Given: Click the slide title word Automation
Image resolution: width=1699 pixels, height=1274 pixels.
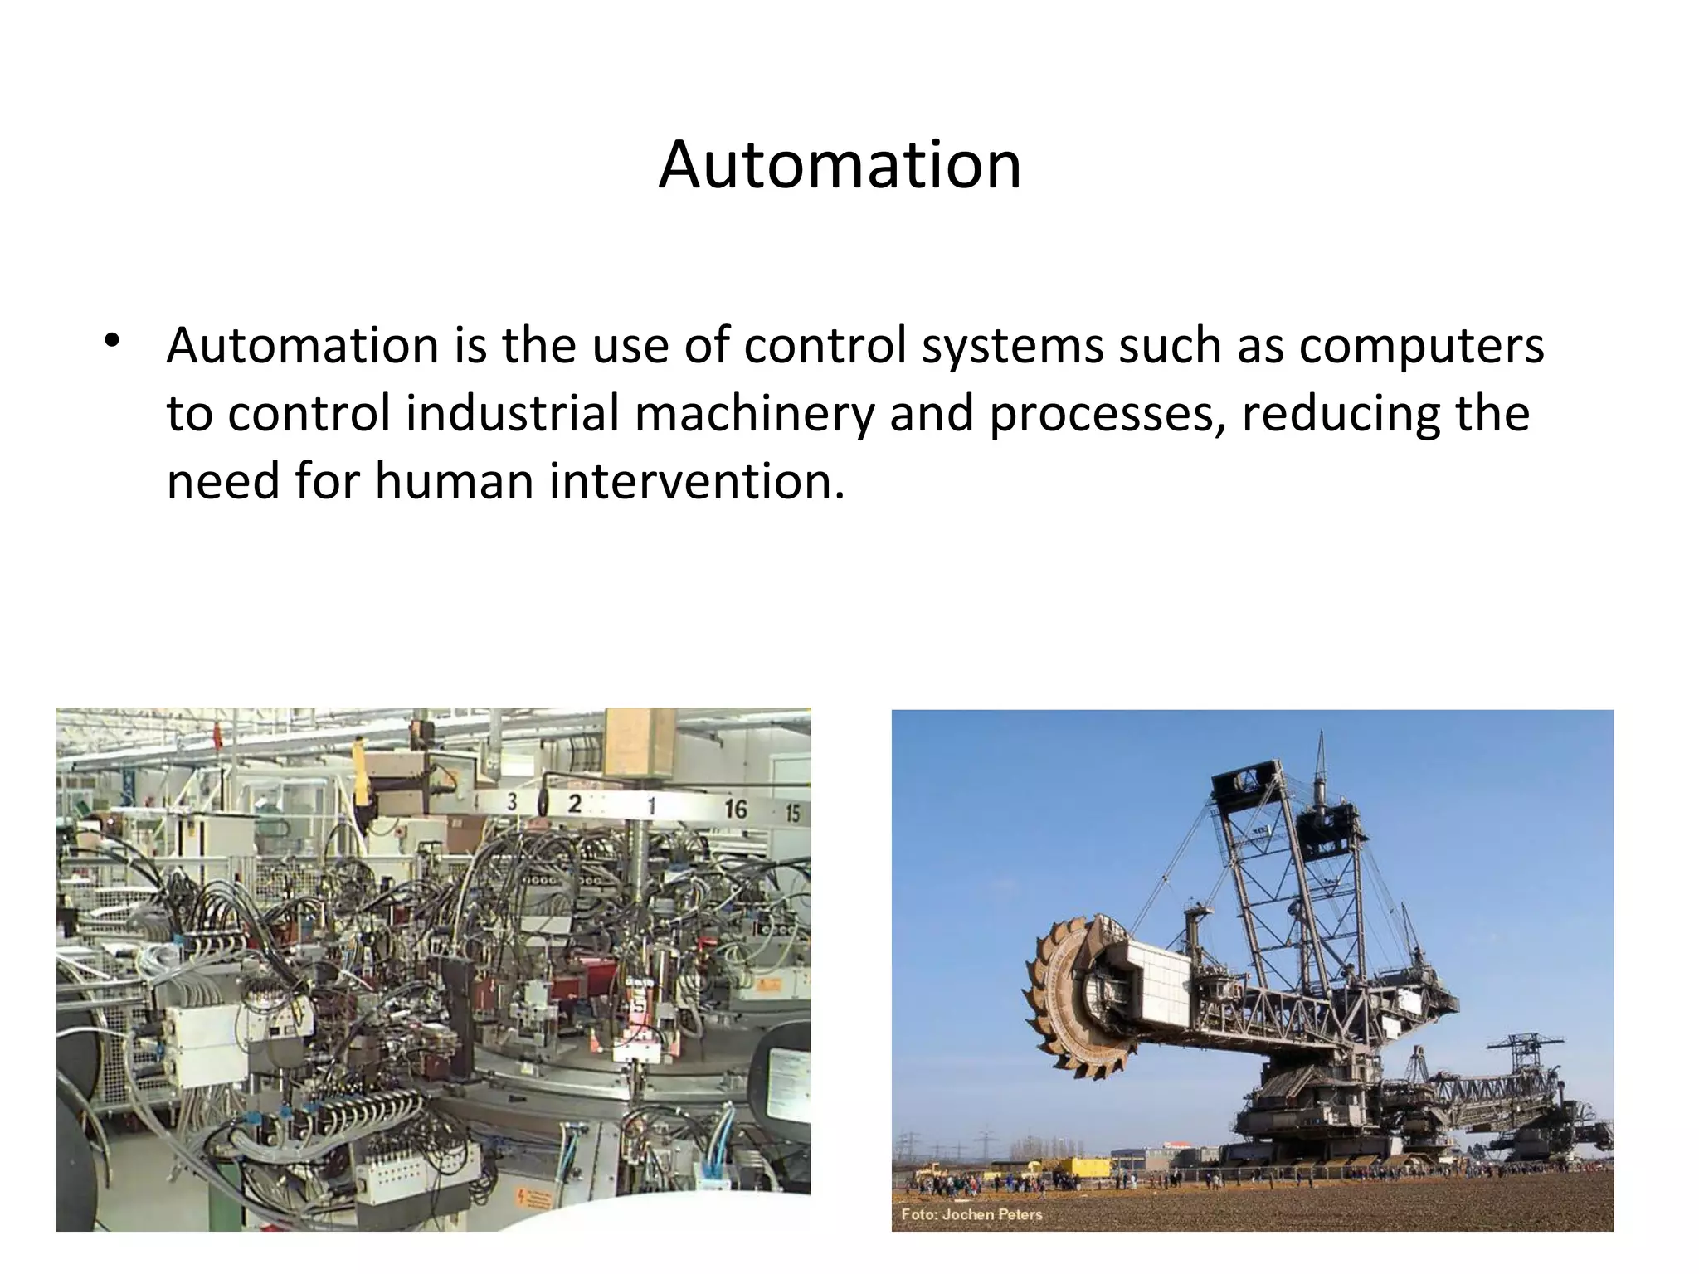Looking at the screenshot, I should (840, 164).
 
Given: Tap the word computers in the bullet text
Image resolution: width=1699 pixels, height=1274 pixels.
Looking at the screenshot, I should (1421, 347).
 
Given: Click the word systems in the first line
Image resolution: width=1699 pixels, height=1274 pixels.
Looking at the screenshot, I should (1012, 347).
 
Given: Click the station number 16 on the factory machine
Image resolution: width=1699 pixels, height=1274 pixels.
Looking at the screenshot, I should (735, 809).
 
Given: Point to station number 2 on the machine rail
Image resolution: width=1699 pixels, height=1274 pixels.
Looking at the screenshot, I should (574, 803).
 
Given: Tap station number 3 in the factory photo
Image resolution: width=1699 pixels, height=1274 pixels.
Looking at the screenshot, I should (512, 801).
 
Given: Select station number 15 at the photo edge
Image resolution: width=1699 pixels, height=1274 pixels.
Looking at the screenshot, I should (793, 813).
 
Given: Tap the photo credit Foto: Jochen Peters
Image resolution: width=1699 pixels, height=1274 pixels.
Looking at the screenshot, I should (971, 1214).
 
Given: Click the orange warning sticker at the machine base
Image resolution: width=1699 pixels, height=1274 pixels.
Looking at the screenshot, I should (534, 1199).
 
